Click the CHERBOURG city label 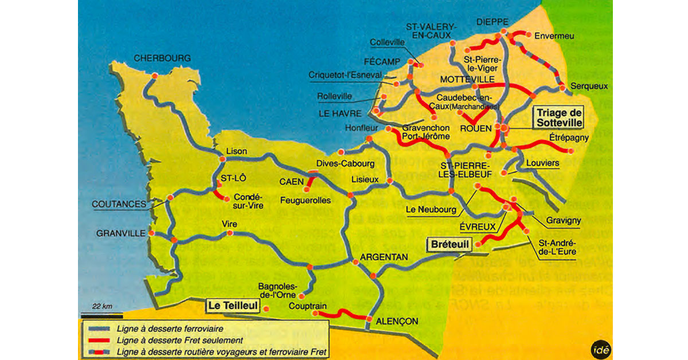pos(162,58)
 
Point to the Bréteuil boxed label pos(449,245)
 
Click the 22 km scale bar pos(101,315)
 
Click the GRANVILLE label pos(120,233)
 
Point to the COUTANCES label pos(118,204)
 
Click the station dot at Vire pos(230,233)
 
